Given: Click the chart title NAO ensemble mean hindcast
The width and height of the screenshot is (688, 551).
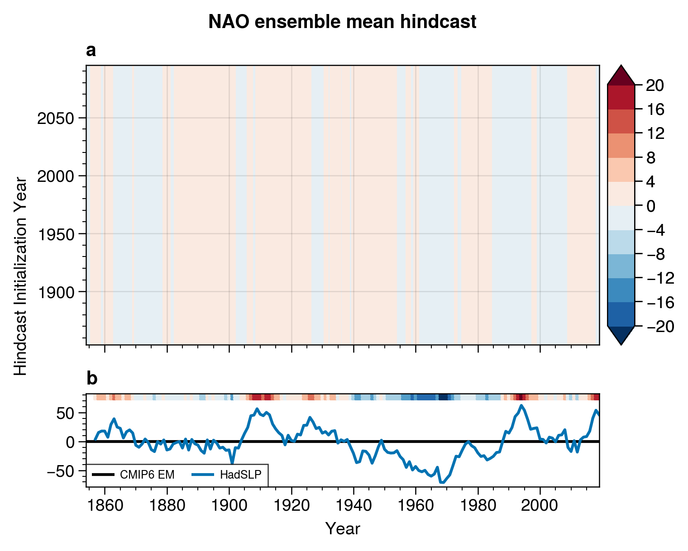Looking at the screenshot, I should [x=342, y=22].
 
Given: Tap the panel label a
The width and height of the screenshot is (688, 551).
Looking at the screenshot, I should [x=91, y=51].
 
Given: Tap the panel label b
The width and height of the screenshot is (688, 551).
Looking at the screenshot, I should [x=91, y=379].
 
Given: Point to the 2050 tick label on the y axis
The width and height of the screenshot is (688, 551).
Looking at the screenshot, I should [x=56, y=119].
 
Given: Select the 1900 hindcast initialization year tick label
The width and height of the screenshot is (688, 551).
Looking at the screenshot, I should [x=56, y=292].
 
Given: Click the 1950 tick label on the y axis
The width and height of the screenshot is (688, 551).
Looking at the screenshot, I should [x=56, y=234].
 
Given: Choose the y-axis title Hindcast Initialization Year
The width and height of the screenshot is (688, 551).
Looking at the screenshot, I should [x=21, y=276].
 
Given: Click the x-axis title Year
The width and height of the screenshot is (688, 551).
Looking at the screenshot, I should [x=343, y=528].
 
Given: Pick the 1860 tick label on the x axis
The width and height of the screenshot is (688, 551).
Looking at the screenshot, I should [x=105, y=505].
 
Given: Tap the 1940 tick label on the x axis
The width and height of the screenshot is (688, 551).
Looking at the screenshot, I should [x=354, y=505].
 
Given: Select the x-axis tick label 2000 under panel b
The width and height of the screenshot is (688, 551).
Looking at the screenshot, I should [x=540, y=505].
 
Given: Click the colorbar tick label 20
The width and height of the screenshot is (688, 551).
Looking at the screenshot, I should [x=655, y=85].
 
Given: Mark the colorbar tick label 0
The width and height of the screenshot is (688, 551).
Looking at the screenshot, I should [x=651, y=206].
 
